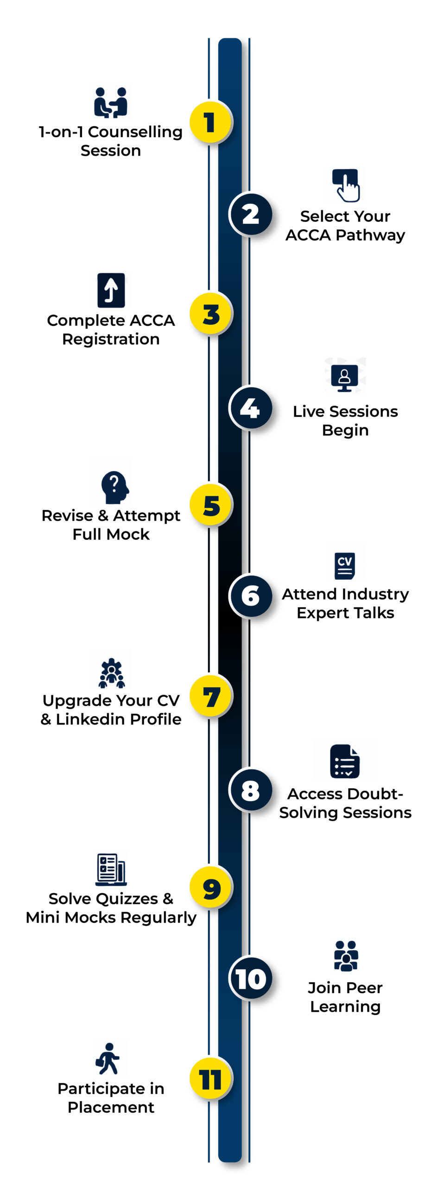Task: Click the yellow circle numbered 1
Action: [x=210, y=122]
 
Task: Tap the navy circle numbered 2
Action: [x=251, y=214]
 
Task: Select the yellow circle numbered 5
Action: [x=211, y=505]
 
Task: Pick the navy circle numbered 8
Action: [x=251, y=790]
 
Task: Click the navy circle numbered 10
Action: [x=251, y=978]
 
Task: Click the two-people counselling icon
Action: [x=111, y=102]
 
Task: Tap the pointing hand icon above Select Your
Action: [x=346, y=185]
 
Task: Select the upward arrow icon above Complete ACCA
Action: [x=111, y=290]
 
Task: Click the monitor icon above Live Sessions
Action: [x=345, y=378]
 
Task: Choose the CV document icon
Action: [x=345, y=565]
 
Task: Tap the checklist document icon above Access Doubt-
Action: [x=345, y=761]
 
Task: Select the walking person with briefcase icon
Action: [x=108, y=1059]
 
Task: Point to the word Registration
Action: [x=111, y=339]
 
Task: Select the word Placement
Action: [x=111, y=1107]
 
